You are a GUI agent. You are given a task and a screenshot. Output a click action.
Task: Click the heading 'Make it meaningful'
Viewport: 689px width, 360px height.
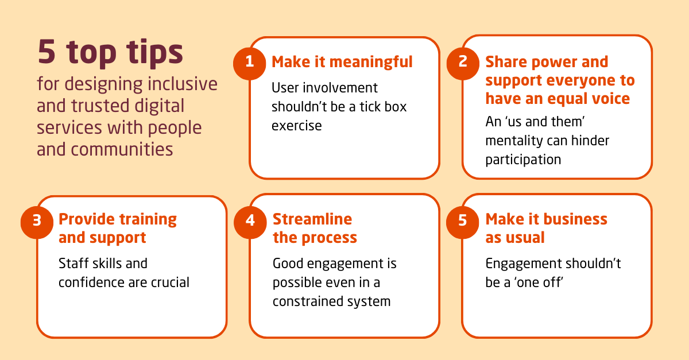pyautogui.click(x=342, y=62)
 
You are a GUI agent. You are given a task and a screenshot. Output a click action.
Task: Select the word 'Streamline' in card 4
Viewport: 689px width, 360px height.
pyautogui.click(x=312, y=219)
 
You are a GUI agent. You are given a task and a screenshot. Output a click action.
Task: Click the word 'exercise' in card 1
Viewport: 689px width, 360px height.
pyautogui.click(x=296, y=125)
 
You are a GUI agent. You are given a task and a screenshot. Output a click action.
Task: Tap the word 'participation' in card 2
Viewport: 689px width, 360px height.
pyautogui.click(x=523, y=160)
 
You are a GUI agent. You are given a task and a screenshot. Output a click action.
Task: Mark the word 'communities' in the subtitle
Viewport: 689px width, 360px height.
pyautogui.click(x=122, y=149)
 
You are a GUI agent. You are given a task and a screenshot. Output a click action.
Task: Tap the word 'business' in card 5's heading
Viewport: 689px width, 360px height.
pyautogui.click(x=575, y=219)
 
